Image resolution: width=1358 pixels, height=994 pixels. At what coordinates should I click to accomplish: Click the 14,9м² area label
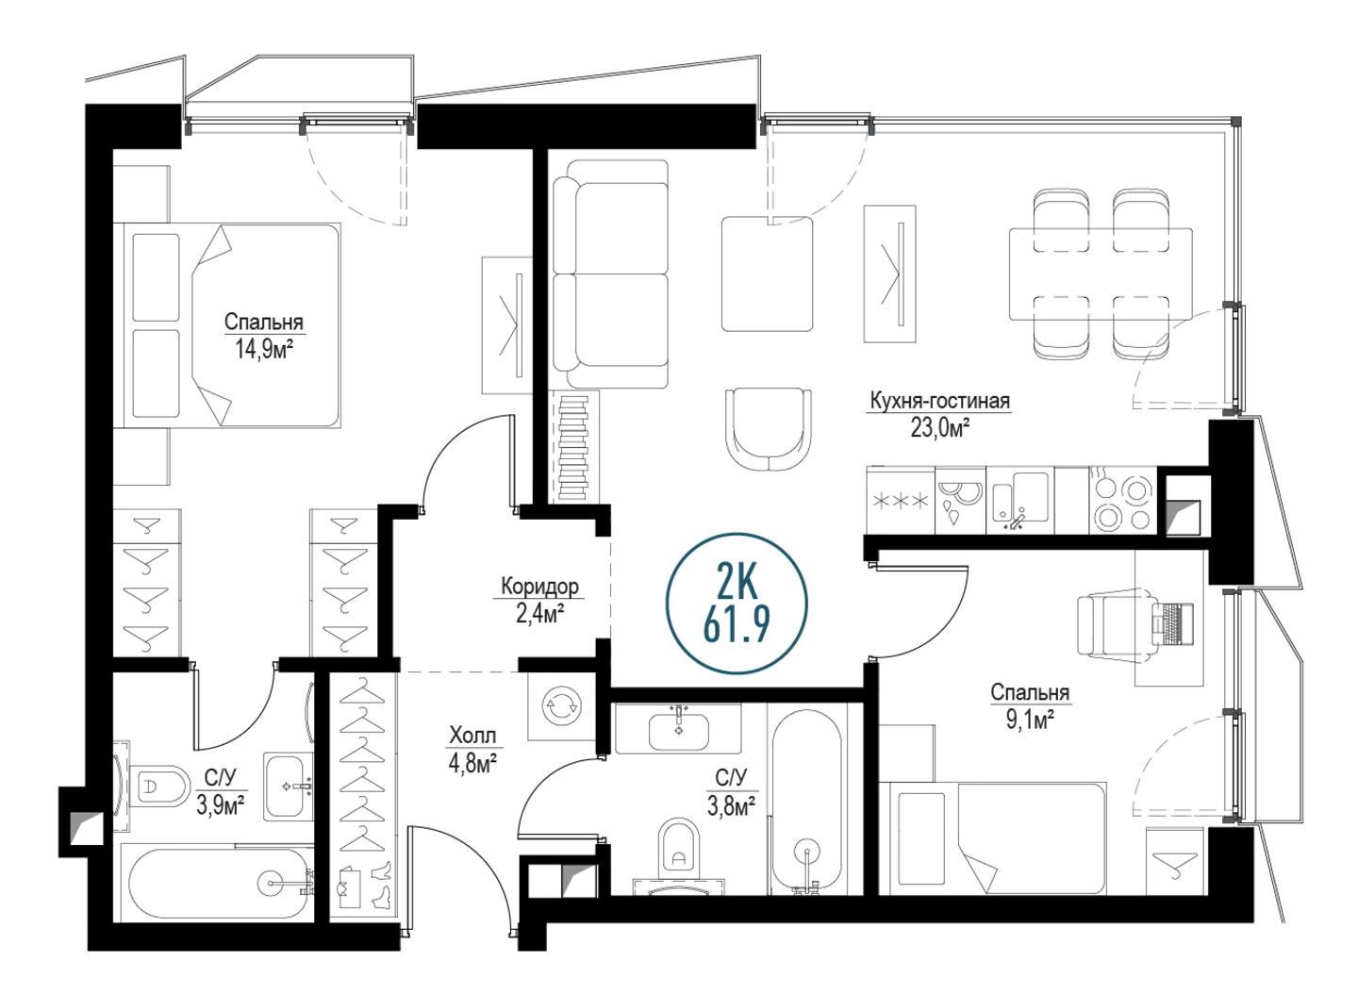pyautogui.click(x=264, y=349)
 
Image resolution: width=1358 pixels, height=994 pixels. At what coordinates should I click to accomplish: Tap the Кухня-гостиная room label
pyautogui.click(x=939, y=401)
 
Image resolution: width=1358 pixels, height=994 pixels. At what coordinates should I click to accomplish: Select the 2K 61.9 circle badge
pyautogui.click(x=737, y=603)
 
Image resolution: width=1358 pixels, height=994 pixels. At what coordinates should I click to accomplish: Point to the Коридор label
pyautogui.click(x=539, y=586)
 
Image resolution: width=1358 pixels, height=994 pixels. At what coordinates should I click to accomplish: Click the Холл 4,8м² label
pyautogui.click(x=472, y=751)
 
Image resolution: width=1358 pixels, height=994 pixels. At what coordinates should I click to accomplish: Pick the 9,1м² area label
pyautogui.click(x=1030, y=721)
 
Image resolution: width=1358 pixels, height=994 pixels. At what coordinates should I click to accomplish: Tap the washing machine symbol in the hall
pyautogui.click(x=561, y=706)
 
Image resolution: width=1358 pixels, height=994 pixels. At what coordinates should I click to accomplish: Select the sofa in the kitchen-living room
pyautogui.click(x=611, y=273)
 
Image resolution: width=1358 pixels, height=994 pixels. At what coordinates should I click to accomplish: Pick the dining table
pyautogui.click(x=1101, y=273)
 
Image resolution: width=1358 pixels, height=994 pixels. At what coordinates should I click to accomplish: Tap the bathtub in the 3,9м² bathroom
pyautogui.click(x=215, y=882)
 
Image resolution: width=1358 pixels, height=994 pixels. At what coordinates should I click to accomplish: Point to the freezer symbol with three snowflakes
pyautogui.click(x=901, y=501)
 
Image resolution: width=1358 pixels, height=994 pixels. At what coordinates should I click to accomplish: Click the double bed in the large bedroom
pyautogui.click(x=227, y=325)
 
